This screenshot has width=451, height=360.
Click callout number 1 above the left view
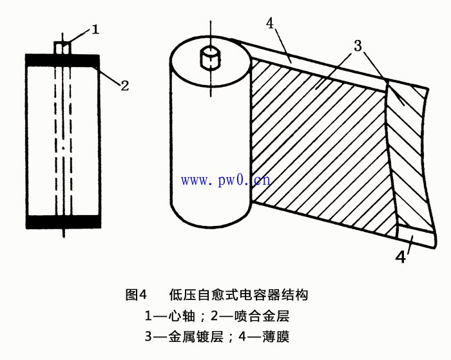tap(95, 30)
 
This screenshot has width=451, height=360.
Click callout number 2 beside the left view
tap(125, 84)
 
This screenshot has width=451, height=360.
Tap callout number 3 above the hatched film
tap(359, 46)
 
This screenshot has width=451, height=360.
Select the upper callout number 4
tap(271, 24)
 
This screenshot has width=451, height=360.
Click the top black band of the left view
tap(63, 59)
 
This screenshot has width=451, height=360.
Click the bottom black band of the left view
tap(63, 222)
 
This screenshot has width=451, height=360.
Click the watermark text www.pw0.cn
tap(225, 180)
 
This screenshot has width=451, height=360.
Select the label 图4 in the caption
tap(136, 296)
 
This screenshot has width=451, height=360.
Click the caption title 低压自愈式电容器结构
tap(238, 296)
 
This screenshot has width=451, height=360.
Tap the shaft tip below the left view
tap(63, 233)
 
